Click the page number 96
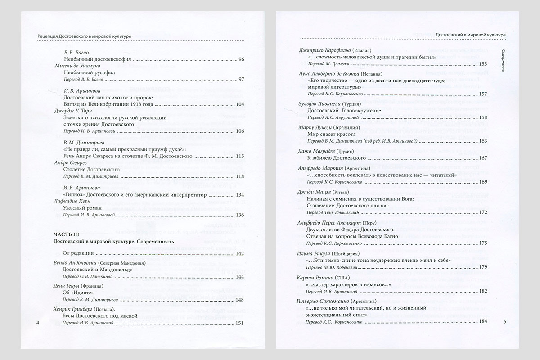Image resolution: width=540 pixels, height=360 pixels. click(x=241, y=59)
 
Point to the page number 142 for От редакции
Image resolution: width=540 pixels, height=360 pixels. click(x=239, y=254)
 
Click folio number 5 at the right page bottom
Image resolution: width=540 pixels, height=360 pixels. click(x=505, y=321)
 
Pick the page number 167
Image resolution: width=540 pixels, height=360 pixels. click(x=483, y=158)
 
